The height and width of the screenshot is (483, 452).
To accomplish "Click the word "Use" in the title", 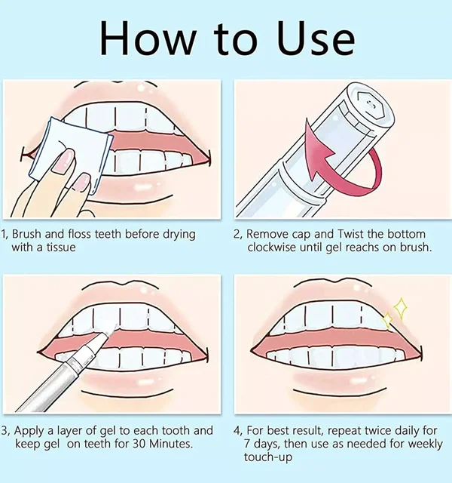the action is (316, 38).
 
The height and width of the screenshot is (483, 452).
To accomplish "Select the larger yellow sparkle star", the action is (401, 307).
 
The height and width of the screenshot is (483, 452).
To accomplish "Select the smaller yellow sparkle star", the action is (387, 320).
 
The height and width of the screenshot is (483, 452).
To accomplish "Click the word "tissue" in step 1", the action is (61, 248).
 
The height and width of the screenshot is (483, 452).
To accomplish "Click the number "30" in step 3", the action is (139, 444).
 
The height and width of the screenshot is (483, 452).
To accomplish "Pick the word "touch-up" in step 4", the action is (268, 457).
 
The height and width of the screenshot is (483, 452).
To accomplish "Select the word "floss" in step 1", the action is (81, 234).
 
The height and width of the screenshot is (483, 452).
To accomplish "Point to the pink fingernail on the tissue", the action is (63, 159).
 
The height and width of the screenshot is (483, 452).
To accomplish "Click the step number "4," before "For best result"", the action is (238, 431).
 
